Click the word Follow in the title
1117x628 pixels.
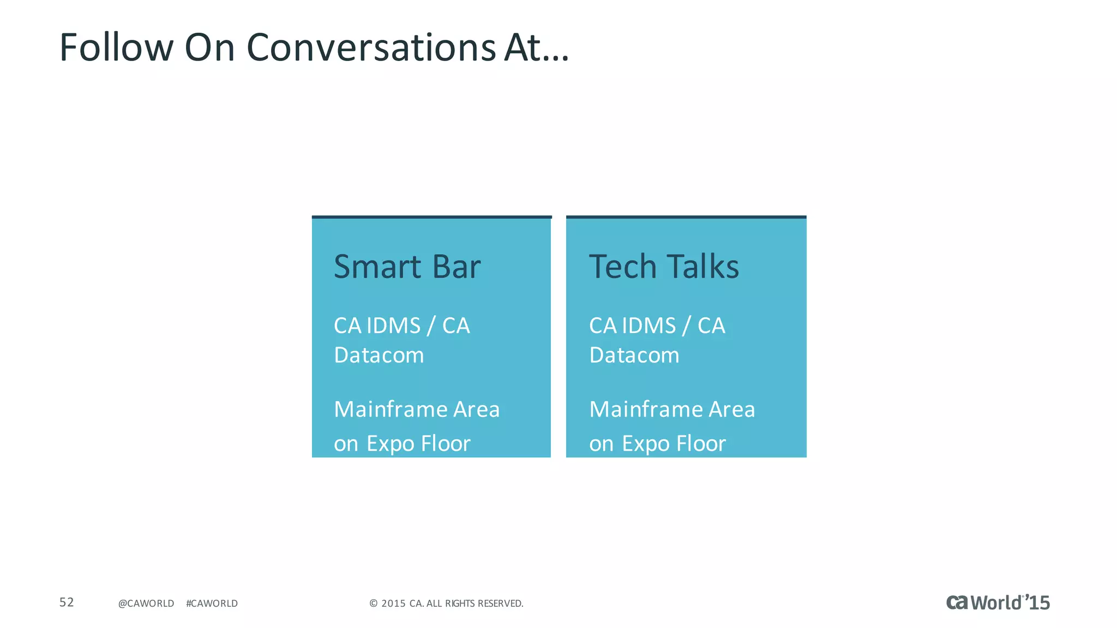pyautogui.click(x=116, y=47)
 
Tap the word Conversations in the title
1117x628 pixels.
pyautogui.click(x=371, y=47)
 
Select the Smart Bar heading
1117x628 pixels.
pyautogui.click(x=407, y=267)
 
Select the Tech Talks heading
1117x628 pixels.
pyautogui.click(x=664, y=267)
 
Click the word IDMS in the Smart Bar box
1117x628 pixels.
pyautogui.click(x=393, y=326)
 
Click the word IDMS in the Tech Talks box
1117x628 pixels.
pyautogui.click(x=648, y=326)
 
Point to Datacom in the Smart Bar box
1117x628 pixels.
pyautogui.click(x=379, y=355)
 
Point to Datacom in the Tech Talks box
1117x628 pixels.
pyautogui.click(x=634, y=355)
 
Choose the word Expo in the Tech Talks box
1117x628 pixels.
pyautogui.click(x=646, y=444)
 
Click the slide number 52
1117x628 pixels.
pyautogui.click(x=67, y=602)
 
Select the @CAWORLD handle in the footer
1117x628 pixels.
pyautogui.click(x=146, y=603)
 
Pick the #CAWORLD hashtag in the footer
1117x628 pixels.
pyautogui.click(x=212, y=603)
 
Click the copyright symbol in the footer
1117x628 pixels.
pyautogui.click(x=374, y=603)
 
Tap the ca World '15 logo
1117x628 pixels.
pyautogui.click(x=998, y=602)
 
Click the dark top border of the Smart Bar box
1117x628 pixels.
pyautogui.click(x=431, y=217)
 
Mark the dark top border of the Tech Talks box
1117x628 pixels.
pyautogui.click(x=686, y=217)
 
